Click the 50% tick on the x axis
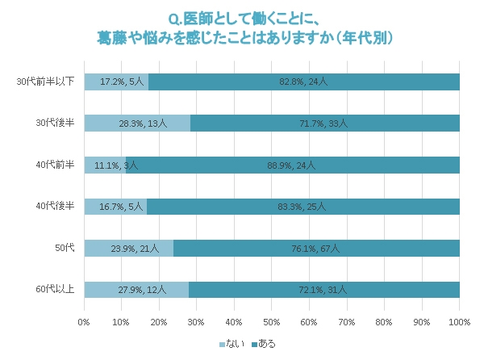pos(272,322)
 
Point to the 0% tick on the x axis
pos(84,322)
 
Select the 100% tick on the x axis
pos(458,322)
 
